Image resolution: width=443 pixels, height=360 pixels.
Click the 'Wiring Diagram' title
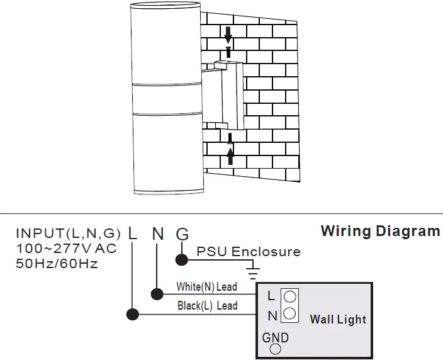pyautogui.click(x=380, y=230)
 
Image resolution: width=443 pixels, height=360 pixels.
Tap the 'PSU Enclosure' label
pyautogui.click(x=249, y=252)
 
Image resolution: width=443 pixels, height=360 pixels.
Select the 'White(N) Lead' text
pyautogui.click(x=206, y=287)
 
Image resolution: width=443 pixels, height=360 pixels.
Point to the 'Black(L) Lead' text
pyautogui.click(x=206, y=305)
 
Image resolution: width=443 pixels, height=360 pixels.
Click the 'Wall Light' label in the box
pyautogui.click(x=337, y=320)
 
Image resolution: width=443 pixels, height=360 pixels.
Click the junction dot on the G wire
pyautogui.click(x=182, y=257)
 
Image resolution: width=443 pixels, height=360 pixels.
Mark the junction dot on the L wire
pyautogui.click(x=132, y=313)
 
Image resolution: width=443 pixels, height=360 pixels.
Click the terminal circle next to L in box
pyautogui.click(x=290, y=296)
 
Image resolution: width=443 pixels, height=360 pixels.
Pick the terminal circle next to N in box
pyautogui.click(x=290, y=313)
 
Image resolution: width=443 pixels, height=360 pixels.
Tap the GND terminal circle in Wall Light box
pyautogui.click(x=275, y=351)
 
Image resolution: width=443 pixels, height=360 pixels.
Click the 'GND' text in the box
pyautogui.click(x=276, y=337)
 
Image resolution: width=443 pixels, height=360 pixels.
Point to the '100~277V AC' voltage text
pyautogui.click(x=66, y=249)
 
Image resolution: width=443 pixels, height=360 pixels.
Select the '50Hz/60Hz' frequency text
pyautogui.click(x=57, y=264)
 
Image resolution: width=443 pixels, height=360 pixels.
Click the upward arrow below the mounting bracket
pyautogui.click(x=230, y=155)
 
